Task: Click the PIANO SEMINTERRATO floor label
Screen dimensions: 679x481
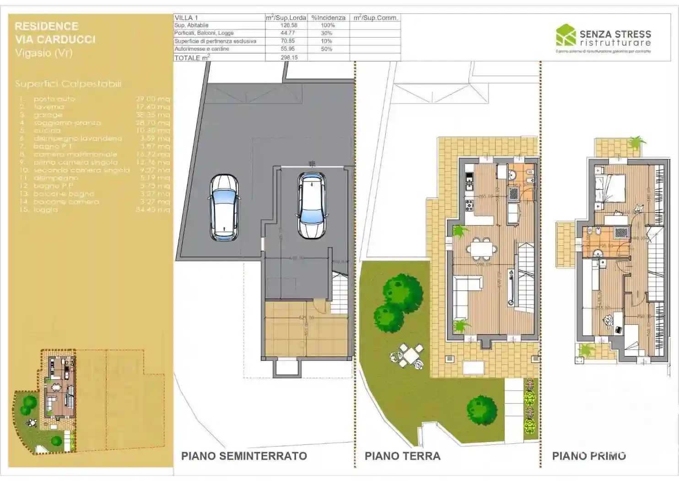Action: tap(244, 456)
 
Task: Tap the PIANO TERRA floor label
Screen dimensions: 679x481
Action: tap(402, 456)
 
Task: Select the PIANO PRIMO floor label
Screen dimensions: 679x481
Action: tap(589, 456)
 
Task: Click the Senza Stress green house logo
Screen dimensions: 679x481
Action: tap(566, 35)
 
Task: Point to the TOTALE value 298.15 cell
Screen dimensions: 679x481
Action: tap(289, 58)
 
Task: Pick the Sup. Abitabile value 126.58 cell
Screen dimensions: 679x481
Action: tap(289, 25)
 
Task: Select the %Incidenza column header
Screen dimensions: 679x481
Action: tap(328, 17)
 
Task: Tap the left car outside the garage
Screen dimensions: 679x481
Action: tap(224, 207)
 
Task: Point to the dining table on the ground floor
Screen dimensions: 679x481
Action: tap(481, 249)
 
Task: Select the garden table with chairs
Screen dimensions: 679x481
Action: tap(408, 355)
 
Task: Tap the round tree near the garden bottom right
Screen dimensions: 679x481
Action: tap(481, 410)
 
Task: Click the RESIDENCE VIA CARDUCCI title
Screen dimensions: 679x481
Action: tap(55, 33)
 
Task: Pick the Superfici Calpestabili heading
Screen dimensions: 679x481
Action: tap(68, 84)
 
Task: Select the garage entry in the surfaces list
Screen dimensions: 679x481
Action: tap(48, 115)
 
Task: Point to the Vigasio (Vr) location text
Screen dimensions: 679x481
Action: tap(43, 53)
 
